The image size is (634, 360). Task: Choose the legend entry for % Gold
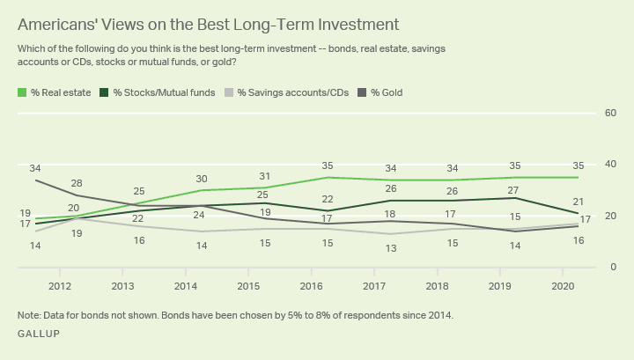[384, 92]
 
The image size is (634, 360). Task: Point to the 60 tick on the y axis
[609, 113]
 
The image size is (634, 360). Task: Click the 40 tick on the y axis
[609, 165]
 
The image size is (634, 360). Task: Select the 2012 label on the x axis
[61, 286]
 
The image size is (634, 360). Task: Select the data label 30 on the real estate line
[202, 179]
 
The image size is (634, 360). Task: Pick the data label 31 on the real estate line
[264, 176]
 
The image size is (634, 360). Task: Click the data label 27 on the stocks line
[514, 189]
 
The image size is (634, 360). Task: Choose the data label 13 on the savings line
[389, 248]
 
